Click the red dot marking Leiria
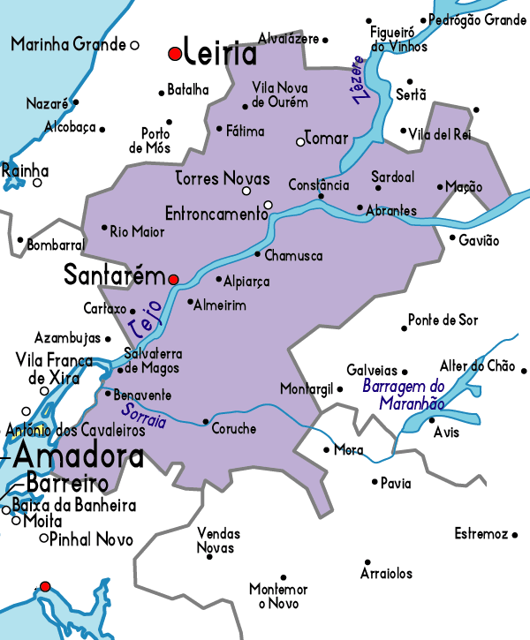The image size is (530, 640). point(175,54)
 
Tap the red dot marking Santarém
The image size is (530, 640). point(174,279)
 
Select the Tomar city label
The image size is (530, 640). point(326,139)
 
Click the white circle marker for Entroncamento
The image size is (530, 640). point(269,206)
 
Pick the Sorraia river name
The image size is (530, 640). point(147,415)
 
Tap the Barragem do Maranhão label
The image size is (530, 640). point(404,394)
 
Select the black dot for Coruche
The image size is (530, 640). point(206,421)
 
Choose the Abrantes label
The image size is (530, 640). point(390,210)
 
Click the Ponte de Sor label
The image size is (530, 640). point(443,320)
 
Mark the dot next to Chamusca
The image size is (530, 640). point(257,254)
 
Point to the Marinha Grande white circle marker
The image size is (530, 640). point(135,44)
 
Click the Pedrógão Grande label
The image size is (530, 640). point(478,19)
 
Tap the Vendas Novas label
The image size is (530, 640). point(218,541)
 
